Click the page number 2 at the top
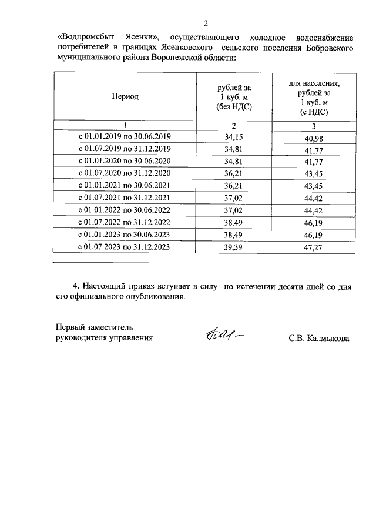point(205,24)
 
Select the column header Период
point(125,97)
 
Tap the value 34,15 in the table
point(233,137)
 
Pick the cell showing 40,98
point(314,138)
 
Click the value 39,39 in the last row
point(233,247)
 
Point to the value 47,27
point(314,248)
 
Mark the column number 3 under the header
point(314,125)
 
